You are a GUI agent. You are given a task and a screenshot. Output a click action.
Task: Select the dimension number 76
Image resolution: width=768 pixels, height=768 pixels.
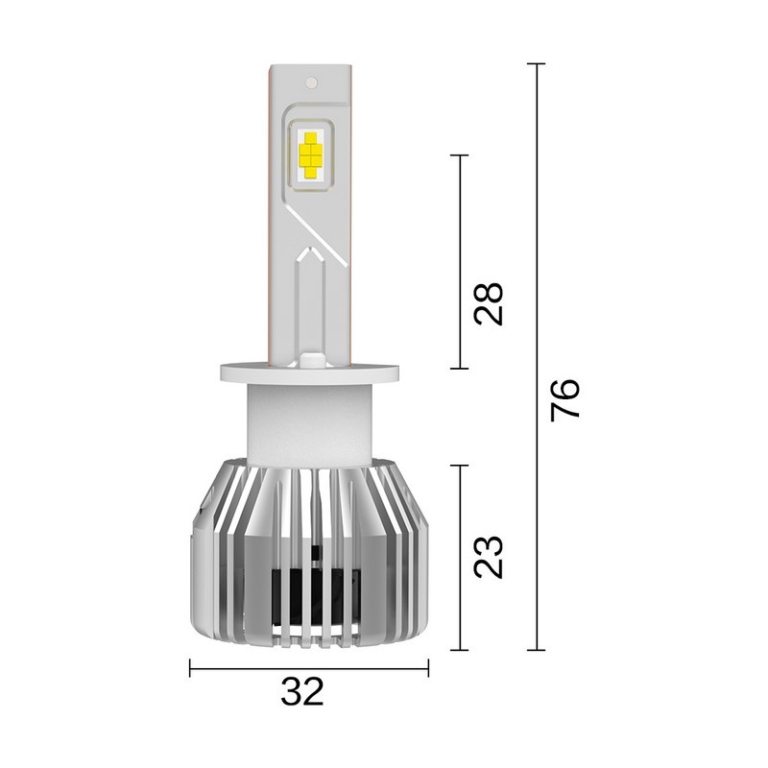(x=565, y=399)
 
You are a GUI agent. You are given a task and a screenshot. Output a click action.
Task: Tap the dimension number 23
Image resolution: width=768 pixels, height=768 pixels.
(x=489, y=556)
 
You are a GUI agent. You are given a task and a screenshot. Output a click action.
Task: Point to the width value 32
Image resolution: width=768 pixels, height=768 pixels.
(x=302, y=691)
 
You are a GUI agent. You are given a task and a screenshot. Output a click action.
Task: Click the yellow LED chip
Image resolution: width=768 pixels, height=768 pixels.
(x=310, y=154)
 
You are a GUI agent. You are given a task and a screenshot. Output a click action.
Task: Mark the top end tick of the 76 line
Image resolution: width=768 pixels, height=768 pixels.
(x=536, y=64)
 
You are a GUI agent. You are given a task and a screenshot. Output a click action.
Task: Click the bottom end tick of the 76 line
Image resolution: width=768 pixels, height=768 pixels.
(x=536, y=650)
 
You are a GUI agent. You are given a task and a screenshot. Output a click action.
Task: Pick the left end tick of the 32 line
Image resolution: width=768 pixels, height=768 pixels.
(x=190, y=668)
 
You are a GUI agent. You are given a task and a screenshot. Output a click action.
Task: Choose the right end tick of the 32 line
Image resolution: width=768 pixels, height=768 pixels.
(x=428, y=668)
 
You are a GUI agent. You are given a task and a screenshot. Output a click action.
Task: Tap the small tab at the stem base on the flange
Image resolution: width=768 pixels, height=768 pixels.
(x=309, y=360)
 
